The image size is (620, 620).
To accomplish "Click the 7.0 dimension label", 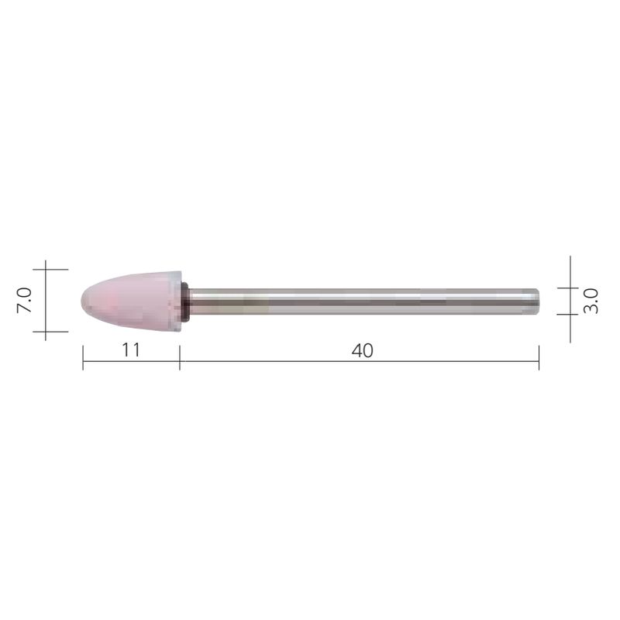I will tap(23, 300).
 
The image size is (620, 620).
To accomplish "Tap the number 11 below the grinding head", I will tap(130, 350).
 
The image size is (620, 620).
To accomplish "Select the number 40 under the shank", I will tap(361, 350).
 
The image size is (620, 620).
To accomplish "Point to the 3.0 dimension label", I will tap(591, 300).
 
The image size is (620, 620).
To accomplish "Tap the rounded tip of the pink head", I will tap(84, 301).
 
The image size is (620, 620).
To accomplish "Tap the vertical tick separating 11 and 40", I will tap(180, 358).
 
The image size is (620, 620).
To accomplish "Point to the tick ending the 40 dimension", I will tap(539, 358).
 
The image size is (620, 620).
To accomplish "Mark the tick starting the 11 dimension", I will tap(83, 358).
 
